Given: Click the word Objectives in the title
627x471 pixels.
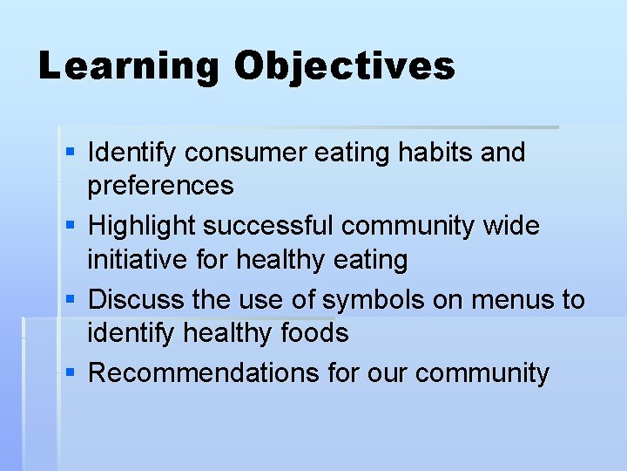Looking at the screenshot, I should [x=344, y=67].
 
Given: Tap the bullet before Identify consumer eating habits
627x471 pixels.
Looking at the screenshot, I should [x=71, y=153].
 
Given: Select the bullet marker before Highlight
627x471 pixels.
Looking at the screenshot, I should [x=71, y=226].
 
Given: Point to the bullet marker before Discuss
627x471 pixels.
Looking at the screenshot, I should [x=71, y=299].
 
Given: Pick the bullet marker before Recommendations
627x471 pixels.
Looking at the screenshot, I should [x=71, y=372].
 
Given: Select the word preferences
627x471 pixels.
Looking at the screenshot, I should [x=161, y=186].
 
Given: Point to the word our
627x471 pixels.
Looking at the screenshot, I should [x=387, y=373].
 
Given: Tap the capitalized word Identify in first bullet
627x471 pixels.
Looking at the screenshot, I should [x=132, y=154].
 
